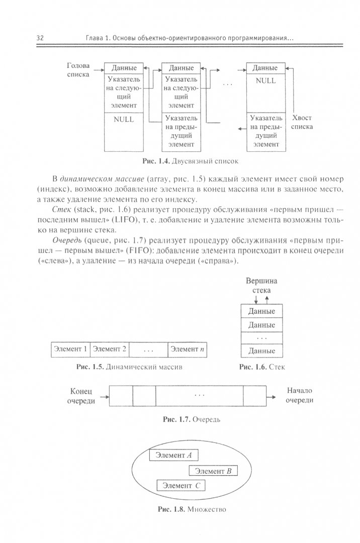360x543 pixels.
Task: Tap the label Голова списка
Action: point(78,70)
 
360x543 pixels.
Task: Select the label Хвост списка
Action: point(302,122)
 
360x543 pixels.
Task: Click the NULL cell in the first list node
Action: point(124,120)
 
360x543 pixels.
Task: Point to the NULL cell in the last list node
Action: point(265,81)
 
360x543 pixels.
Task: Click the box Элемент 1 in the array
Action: point(71,349)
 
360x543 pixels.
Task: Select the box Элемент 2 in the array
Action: point(110,349)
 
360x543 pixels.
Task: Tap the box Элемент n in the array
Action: point(188,349)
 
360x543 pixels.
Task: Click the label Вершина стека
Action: point(261,286)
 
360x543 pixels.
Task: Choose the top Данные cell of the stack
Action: point(261,311)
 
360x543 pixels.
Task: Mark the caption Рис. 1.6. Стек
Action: point(262,368)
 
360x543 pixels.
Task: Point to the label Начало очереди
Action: point(300,395)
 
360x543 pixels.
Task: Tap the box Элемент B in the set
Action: point(213,471)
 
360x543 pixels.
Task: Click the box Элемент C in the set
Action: point(182,486)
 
